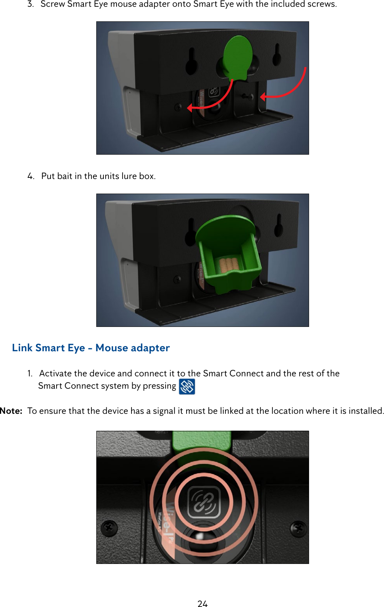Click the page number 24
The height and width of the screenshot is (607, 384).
202,603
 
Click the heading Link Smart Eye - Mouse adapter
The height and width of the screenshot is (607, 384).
91,348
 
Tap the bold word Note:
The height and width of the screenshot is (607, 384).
11,411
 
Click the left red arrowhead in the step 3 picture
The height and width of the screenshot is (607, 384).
190,108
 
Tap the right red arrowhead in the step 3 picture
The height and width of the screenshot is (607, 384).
263,97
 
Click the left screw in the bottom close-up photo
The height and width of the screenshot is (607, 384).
109,528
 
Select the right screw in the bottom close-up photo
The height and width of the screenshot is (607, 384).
299,528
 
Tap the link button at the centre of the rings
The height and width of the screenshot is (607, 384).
204,502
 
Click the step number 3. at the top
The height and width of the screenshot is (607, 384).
31,4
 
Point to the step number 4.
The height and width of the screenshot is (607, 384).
31,176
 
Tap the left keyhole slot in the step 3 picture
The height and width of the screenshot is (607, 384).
191,62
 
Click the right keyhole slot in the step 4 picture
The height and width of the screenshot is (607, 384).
278,225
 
